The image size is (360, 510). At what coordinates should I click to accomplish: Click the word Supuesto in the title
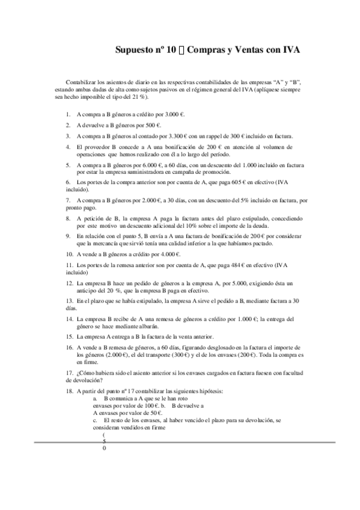point(136,51)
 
